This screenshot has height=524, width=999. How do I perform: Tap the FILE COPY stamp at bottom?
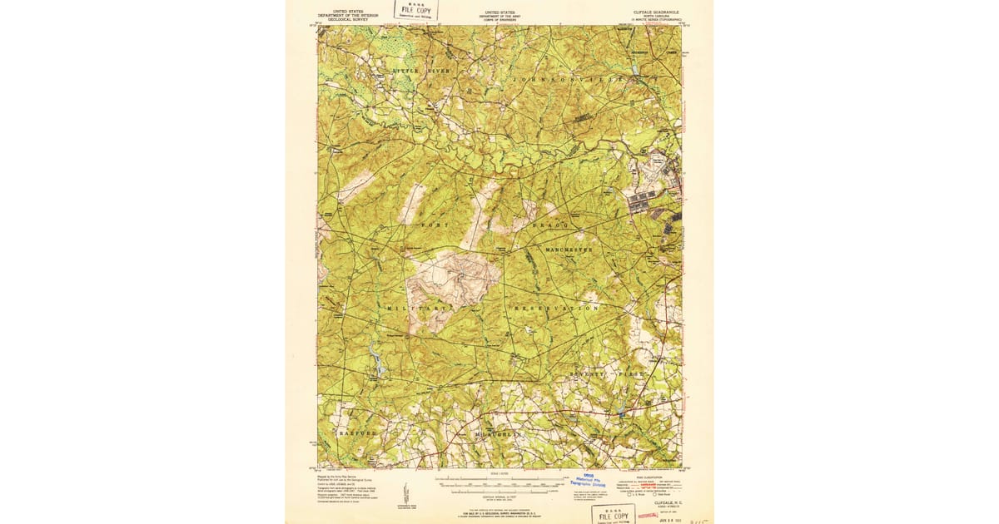tap(613, 515)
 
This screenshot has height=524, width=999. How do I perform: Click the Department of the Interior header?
tap(347, 15)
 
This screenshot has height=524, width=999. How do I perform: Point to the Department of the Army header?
tap(499, 15)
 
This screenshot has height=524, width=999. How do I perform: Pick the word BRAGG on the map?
tap(550, 225)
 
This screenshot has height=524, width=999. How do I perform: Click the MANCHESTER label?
tap(569, 249)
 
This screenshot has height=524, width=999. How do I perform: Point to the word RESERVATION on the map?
tap(555, 308)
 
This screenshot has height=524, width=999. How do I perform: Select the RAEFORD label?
tap(359, 433)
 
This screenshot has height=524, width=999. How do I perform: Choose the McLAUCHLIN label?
tap(496, 434)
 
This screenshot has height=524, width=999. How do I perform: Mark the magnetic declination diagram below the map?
tap(405, 492)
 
